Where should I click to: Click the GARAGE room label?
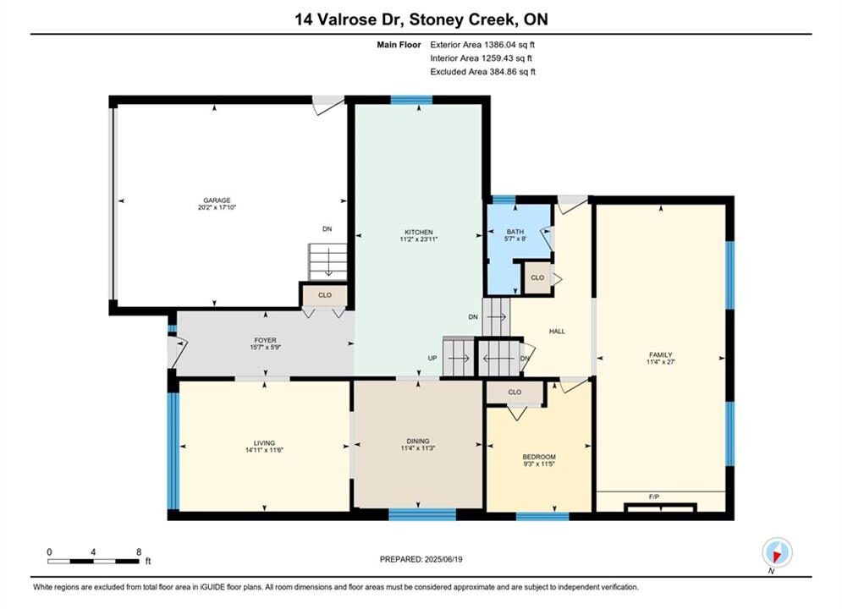[x=217, y=200]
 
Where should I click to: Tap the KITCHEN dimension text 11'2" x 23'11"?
[x=419, y=239]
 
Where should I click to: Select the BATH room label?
[x=515, y=232]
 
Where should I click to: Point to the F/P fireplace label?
[x=654, y=497]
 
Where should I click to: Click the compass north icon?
[x=777, y=552]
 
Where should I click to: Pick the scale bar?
[x=93, y=562]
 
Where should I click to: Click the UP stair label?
[x=432, y=358]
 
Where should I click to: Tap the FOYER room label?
[x=265, y=340]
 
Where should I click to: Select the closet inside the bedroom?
[x=515, y=392]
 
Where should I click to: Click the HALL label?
[x=557, y=331]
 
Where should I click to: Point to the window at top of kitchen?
[x=411, y=100]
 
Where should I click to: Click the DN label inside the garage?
[x=327, y=228]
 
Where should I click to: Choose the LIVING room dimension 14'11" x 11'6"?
[x=264, y=450]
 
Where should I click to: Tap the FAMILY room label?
[x=661, y=354]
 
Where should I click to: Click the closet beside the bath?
[x=537, y=277]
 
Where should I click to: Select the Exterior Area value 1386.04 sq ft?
[x=509, y=45]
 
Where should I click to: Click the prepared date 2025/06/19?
[x=443, y=559]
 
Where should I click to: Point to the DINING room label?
[x=418, y=441]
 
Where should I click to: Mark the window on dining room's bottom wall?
[x=422, y=514]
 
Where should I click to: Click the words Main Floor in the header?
[x=399, y=45]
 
